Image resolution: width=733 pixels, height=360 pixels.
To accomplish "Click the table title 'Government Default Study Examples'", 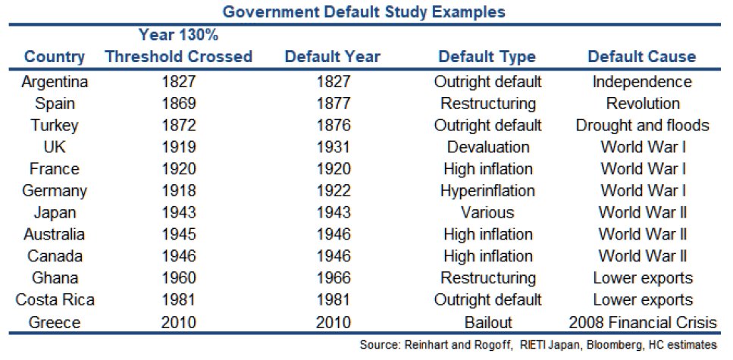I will click(366, 11).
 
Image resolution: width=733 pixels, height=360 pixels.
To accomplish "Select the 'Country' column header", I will click(55, 57).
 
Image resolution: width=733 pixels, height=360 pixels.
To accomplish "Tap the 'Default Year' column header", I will click(332, 57).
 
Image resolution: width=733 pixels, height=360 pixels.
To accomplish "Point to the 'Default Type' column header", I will click(487, 57).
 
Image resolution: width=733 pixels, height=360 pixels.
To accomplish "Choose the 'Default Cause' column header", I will click(641, 57).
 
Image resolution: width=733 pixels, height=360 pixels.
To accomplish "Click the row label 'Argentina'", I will click(55, 81).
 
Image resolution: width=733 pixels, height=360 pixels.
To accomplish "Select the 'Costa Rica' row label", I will click(55, 299).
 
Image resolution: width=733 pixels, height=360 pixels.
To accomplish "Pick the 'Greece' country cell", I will click(55, 321).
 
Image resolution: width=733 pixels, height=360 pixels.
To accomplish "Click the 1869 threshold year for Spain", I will click(179, 103).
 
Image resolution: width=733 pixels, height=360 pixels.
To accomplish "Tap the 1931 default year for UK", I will click(332, 147).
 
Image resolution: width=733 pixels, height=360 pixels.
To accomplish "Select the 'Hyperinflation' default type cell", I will click(487, 190).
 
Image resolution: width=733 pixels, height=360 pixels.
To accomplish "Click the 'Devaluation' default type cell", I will click(487, 147).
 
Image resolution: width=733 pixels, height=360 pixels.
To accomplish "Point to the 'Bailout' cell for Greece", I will click(487, 321).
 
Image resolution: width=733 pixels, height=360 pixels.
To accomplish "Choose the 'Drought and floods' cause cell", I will click(642, 125).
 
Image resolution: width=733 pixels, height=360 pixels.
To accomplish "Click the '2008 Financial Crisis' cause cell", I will click(642, 321).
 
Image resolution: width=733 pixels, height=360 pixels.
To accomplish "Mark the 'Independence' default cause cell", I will click(642, 81).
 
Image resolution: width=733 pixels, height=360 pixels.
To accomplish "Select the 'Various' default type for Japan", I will click(487, 212).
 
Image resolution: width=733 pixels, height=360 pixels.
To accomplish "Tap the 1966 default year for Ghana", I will click(332, 277).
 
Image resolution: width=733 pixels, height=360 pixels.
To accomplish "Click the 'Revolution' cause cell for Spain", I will click(642, 103).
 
